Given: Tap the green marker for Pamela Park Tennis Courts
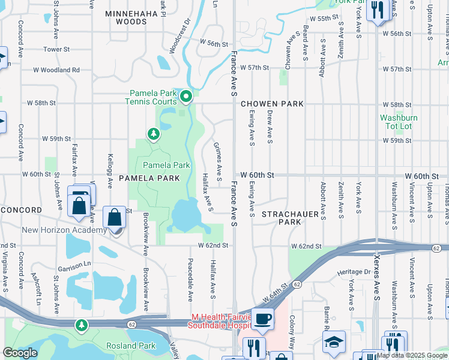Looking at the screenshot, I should tap(186, 95).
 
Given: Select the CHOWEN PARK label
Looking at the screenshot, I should tap(272, 104).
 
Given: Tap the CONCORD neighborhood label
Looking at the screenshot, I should tap(22, 210).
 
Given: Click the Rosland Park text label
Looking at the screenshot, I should tap(130, 346).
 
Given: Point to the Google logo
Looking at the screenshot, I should tap(20, 353).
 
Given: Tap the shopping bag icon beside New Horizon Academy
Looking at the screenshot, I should tap(114, 217).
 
